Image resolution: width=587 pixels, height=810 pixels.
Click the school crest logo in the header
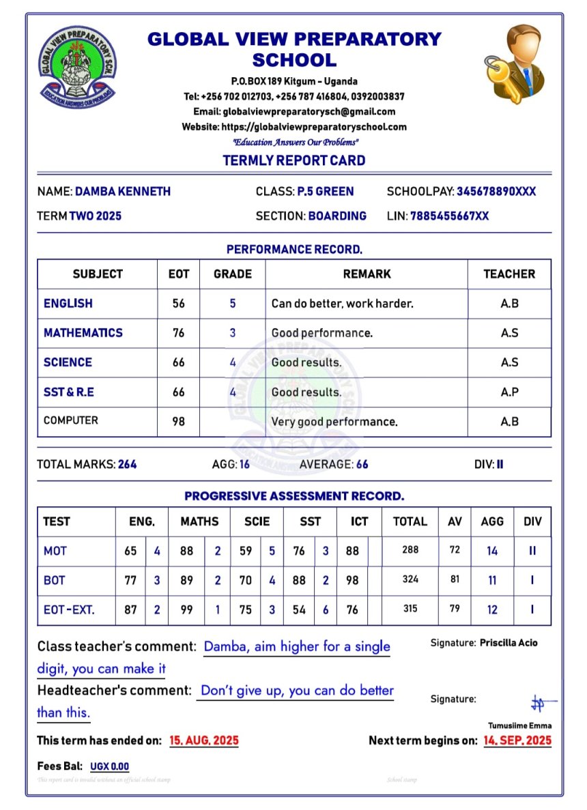click(x=77, y=65)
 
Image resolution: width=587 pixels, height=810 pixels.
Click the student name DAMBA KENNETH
click(x=123, y=192)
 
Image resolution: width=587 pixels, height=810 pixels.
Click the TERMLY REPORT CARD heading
click(x=293, y=161)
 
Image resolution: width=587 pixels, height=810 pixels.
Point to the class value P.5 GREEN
click(x=326, y=192)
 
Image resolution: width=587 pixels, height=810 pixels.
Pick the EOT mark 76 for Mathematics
click(x=178, y=333)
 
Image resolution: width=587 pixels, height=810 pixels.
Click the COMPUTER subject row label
click(x=71, y=420)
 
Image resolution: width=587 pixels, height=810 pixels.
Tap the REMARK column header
click(x=367, y=274)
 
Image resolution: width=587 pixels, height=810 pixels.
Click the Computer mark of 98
click(x=178, y=421)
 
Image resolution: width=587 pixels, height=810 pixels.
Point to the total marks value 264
click(x=127, y=465)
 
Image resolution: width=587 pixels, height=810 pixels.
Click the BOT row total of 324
click(x=410, y=580)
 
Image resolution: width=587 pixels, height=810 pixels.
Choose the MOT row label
click(x=55, y=551)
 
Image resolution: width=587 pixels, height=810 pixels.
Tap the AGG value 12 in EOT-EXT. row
click(x=492, y=610)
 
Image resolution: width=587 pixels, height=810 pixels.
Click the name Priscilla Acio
click(x=509, y=643)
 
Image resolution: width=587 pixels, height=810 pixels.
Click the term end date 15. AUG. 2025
click(x=204, y=740)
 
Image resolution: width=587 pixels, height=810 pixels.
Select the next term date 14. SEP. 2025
click(x=517, y=740)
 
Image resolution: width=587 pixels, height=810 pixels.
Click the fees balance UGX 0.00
click(x=109, y=766)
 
